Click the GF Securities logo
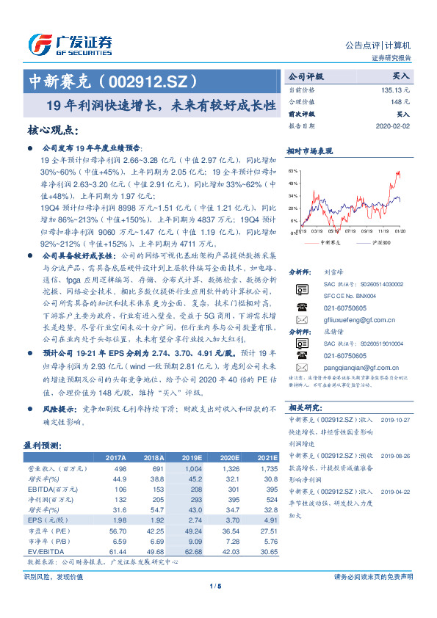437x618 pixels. click(x=69, y=44)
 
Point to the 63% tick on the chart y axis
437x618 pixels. click(x=293, y=170)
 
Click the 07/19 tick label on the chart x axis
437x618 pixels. click(x=348, y=230)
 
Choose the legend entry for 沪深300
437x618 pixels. click(x=379, y=241)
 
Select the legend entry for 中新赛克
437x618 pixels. click(x=328, y=241)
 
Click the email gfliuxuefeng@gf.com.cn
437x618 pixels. click(x=359, y=320)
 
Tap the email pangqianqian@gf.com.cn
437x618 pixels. click(x=360, y=366)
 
